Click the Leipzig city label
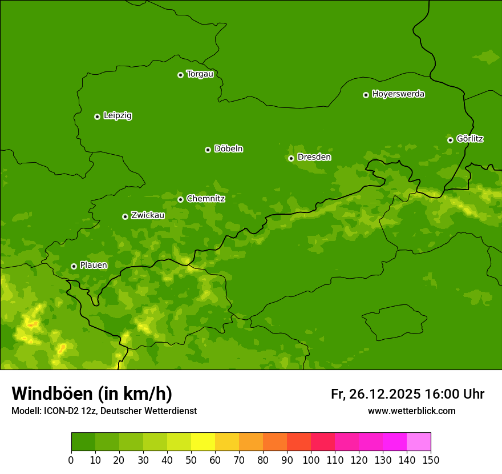click(x=118, y=116)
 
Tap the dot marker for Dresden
click(x=291, y=158)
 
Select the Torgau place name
click(x=200, y=74)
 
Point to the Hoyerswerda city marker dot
click(x=366, y=95)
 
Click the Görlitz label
click(x=470, y=139)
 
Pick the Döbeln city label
click(x=228, y=149)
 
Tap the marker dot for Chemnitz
click(x=180, y=199)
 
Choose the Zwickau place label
click(x=148, y=215)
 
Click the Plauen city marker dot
click(x=74, y=266)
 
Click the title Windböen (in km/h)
click(x=92, y=393)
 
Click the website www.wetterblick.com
click(x=411, y=411)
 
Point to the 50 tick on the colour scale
click(x=191, y=460)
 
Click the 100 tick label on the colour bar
click(x=311, y=460)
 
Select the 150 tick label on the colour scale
click(x=431, y=460)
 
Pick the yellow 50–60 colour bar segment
click(x=203, y=442)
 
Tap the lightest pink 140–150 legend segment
click(x=419, y=442)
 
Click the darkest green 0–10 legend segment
click(x=83, y=442)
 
